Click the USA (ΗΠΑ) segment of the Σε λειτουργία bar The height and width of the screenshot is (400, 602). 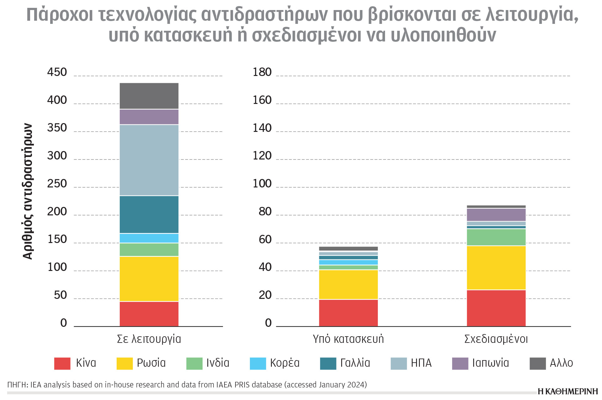(x=149, y=160)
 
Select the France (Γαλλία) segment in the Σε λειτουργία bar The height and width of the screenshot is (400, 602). (x=149, y=214)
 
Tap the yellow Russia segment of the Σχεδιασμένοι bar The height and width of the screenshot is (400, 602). (x=496, y=268)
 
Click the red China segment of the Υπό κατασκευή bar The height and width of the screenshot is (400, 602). (x=348, y=313)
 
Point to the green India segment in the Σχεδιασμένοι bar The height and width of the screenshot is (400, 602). (x=496, y=237)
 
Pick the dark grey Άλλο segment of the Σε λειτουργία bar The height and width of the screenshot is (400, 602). (x=149, y=96)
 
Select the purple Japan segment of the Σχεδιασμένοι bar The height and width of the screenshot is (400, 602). (x=496, y=215)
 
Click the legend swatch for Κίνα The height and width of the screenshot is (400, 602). (x=62, y=363)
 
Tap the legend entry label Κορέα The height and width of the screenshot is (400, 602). (x=285, y=363)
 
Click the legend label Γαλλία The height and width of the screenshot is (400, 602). (x=355, y=363)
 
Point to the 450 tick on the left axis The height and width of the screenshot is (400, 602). (x=57, y=72)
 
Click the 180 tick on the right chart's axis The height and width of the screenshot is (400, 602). (x=262, y=72)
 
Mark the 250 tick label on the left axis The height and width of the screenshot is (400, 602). (x=57, y=184)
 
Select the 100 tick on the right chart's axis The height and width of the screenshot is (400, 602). (x=262, y=184)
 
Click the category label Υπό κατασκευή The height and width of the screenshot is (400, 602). (x=348, y=339)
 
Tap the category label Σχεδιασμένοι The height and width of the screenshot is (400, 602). (x=496, y=339)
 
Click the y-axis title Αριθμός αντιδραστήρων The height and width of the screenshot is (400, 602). (x=28, y=192)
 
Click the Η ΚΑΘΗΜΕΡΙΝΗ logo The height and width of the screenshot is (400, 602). (x=568, y=391)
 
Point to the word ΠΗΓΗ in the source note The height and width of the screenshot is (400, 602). (x=17, y=385)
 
